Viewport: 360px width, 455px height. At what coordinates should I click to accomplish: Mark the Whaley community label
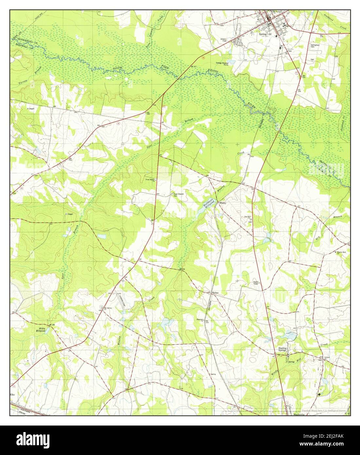pos(223,203)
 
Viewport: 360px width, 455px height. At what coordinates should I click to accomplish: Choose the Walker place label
pos(215,292)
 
